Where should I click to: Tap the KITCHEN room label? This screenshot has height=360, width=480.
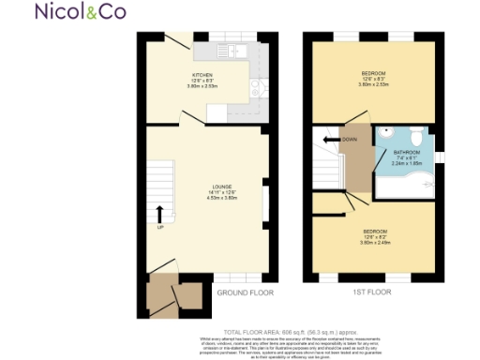[x=202, y=75]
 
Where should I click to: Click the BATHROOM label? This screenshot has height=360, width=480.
[x=406, y=152]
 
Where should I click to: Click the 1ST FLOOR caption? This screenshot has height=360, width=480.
[x=371, y=293]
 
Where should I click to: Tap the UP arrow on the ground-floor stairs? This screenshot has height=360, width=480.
[x=159, y=215]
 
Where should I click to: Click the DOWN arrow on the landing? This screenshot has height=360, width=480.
[x=329, y=141]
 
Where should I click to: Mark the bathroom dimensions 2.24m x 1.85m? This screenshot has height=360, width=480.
[x=406, y=163]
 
